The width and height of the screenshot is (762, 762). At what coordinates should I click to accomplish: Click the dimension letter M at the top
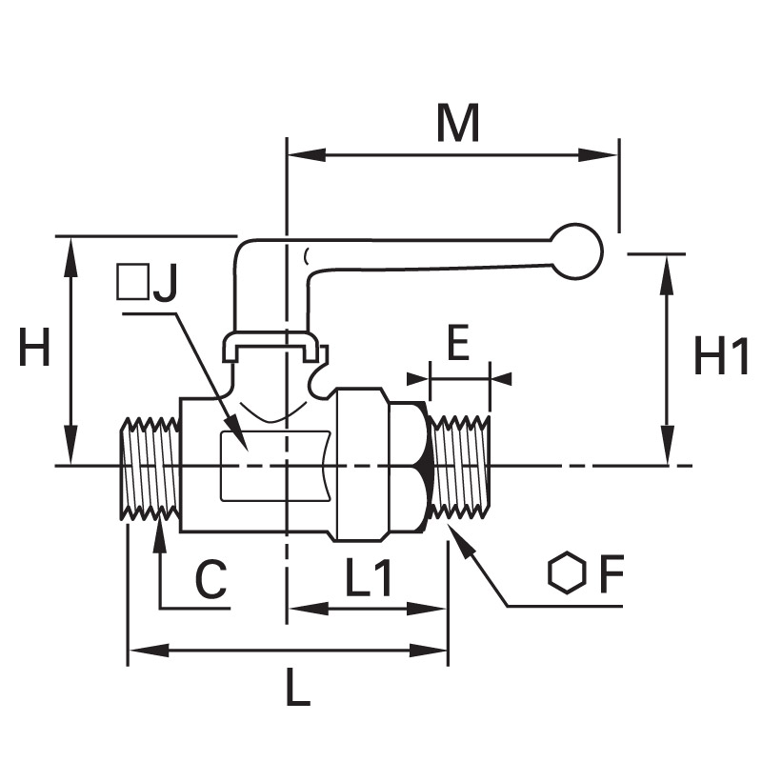pos(458,124)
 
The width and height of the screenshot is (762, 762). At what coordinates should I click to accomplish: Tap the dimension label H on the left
pos(34,347)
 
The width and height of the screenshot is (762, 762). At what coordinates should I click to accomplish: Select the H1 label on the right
pos(721,356)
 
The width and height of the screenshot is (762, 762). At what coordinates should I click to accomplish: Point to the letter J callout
pos(164,282)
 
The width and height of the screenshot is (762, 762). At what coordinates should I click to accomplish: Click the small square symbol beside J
pos(132,281)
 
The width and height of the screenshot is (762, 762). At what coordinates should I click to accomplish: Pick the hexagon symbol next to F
pos(566,572)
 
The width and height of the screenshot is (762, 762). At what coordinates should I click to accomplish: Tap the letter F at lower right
pos(612,573)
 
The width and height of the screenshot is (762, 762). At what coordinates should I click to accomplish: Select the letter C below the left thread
pos(211,579)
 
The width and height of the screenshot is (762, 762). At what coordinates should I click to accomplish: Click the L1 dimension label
pos(369,577)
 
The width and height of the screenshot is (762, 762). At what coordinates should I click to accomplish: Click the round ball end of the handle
pos(576,251)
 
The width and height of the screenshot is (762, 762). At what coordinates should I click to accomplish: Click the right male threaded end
pos(460,467)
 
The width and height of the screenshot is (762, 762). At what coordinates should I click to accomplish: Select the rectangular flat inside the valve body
pos(275,466)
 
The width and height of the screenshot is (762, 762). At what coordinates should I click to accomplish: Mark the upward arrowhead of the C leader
pos(159,536)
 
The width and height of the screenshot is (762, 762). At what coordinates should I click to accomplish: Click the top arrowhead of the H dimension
pos(70,257)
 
